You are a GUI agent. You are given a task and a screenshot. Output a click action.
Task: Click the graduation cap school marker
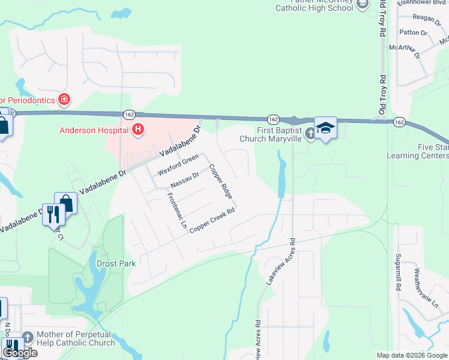pyautogui.click(x=325, y=128)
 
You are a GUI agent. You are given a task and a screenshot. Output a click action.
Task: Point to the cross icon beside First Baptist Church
pyautogui.click(x=310, y=133)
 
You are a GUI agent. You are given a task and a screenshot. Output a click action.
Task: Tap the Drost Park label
pyautogui.click(x=116, y=263)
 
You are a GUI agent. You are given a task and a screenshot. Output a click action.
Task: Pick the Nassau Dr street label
pyautogui.click(x=184, y=178)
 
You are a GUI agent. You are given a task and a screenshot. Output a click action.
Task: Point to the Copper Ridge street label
pyautogui.click(x=220, y=182)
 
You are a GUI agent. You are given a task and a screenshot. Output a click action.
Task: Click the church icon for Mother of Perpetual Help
pyautogui.click(x=28, y=338)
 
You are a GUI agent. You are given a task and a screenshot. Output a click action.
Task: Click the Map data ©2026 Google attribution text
pyautogui.click(x=412, y=355)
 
